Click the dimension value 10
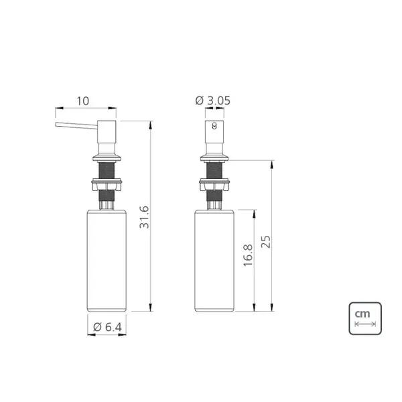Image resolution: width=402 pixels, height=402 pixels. point(83,101)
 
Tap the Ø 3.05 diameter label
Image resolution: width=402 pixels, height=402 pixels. point(213,100)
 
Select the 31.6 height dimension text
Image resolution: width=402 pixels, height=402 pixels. point(144,217)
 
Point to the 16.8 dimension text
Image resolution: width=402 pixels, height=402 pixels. point(248,255)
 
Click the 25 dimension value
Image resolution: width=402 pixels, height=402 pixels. point(266,241)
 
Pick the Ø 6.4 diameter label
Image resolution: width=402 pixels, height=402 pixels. point(107,327)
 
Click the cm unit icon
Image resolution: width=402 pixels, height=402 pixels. point(365,318)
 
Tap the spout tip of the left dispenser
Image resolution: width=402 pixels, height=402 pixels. point(56,125)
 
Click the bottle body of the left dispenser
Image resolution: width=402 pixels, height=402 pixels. point(107,261)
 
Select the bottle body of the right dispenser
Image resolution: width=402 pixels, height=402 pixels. point(214,261)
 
